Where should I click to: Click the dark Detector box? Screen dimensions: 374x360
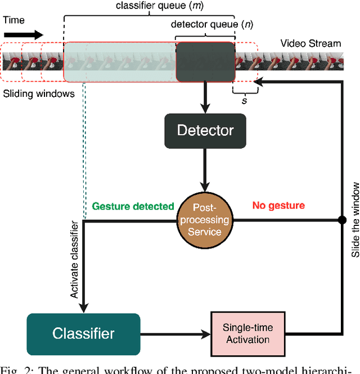205,131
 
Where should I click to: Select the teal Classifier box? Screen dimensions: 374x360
83,333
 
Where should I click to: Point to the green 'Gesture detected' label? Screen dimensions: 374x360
133,207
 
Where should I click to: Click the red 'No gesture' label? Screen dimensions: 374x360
278,206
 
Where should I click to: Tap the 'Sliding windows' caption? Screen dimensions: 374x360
38,93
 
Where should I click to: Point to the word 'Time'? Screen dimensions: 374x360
15,20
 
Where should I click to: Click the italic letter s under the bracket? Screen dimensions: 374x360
244,100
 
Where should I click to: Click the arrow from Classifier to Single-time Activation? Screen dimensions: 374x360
174,333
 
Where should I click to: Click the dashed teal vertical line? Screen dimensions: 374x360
84,152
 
